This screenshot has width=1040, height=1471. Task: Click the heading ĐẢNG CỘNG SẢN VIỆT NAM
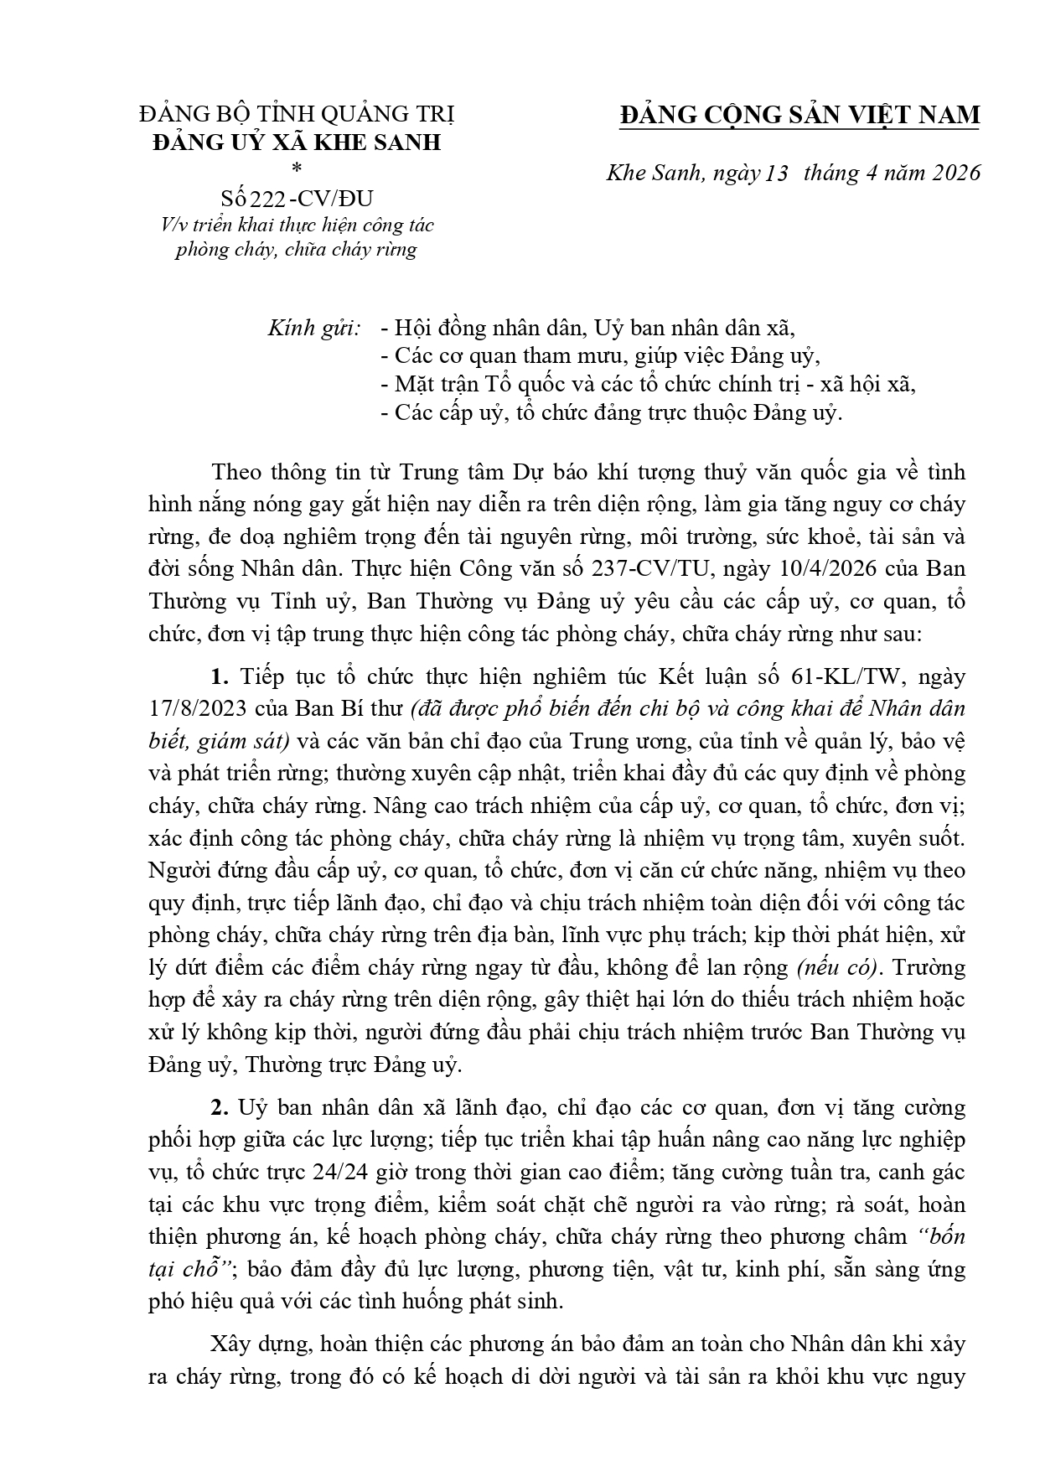tap(799, 115)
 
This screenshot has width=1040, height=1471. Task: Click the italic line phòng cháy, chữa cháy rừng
tap(296, 250)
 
